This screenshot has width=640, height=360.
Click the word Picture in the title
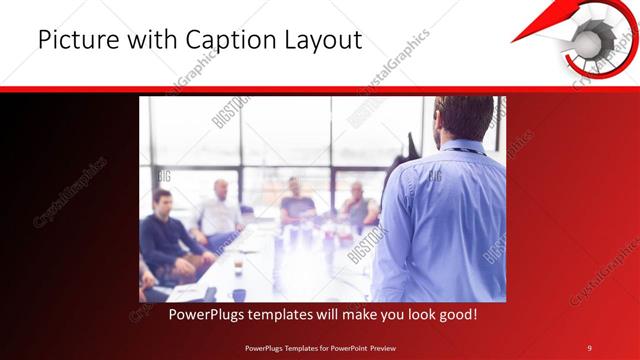point(72,41)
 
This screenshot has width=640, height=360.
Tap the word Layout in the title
point(322,41)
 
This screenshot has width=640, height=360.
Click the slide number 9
point(589,347)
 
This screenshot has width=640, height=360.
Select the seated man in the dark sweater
point(165,235)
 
